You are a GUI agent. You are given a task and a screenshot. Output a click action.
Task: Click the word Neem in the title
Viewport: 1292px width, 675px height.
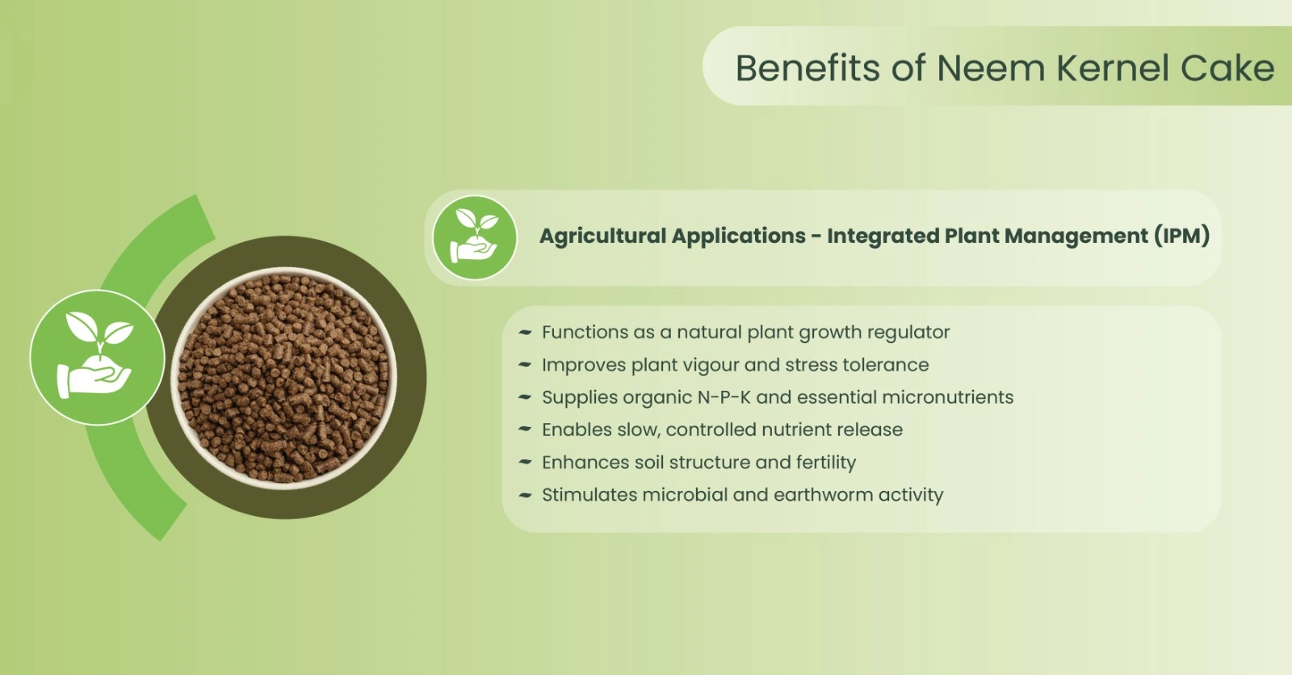[990, 68]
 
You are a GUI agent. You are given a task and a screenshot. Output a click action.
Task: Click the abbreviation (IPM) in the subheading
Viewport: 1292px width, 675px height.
[1181, 236]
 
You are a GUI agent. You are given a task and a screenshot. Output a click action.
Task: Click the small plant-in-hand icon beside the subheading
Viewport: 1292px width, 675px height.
[475, 237]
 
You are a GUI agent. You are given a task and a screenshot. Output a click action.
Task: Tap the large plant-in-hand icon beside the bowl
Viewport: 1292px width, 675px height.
[98, 358]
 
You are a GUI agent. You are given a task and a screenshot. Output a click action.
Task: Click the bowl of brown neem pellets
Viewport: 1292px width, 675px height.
[283, 378]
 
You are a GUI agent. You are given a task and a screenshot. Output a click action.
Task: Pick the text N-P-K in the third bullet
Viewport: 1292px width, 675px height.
[724, 397]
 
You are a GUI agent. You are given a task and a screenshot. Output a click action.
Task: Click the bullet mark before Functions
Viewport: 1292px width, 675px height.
[525, 333]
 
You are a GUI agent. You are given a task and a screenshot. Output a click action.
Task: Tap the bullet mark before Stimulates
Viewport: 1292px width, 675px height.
[525, 495]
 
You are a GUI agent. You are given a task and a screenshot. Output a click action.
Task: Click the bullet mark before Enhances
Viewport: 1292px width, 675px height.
[525, 462]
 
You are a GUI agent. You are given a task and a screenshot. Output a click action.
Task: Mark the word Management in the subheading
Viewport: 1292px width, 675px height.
[1076, 236]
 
